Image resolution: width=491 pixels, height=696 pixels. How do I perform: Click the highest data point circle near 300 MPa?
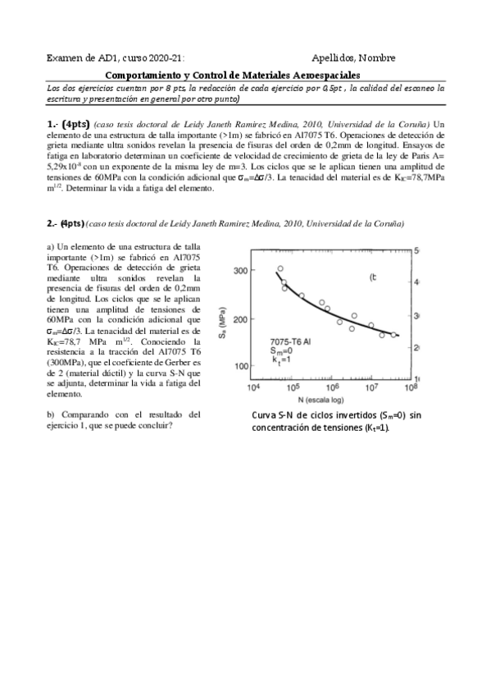click(280, 268)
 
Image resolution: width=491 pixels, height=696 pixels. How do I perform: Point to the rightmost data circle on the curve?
click(393, 334)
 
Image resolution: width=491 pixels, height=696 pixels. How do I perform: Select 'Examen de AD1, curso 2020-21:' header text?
click(116, 58)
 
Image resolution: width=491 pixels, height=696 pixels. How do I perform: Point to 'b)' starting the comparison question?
click(51, 414)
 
